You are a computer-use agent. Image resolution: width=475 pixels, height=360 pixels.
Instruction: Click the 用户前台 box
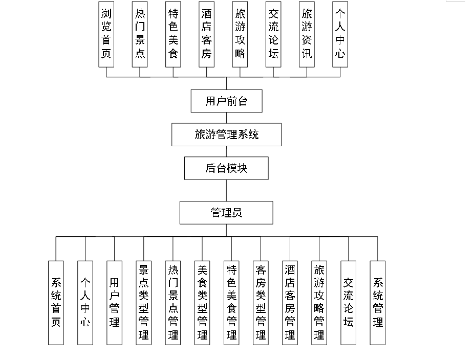(x=226, y=101)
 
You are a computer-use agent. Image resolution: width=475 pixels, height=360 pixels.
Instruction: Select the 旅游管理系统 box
(x=226, y=134)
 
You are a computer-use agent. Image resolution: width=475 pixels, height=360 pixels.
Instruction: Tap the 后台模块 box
(x=226, y=168)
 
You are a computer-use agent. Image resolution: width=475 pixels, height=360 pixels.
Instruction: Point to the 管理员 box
(x=226, y=213)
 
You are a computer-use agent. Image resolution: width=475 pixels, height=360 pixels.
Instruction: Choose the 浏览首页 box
(x=106, y=34)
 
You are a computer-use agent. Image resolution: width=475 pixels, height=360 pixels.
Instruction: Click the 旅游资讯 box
(x=307, y=34)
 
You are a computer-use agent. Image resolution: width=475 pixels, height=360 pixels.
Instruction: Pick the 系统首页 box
(x=56, y=302)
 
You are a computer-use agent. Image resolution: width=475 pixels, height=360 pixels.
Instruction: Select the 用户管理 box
(x=114, y=302)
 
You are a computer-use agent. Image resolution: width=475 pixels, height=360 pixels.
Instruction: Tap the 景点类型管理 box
(x=143, y=302)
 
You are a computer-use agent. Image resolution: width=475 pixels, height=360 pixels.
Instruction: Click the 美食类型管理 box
(x=202, y=302)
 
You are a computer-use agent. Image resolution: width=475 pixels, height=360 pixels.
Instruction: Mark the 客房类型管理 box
(x=261, y=302)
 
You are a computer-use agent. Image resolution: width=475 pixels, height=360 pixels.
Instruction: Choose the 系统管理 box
(x=378, y=302)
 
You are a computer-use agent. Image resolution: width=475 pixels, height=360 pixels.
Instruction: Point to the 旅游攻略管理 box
(x=319, y=302)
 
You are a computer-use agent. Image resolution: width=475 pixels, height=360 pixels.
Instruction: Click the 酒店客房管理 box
(x=290, y=302)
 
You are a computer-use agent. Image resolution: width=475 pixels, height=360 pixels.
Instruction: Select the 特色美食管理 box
(x=231, y=302)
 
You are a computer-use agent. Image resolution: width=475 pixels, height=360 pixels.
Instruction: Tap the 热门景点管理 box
(x=173, y=302)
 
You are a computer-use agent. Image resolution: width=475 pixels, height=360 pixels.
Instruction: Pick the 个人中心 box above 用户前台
(x=340, y=34)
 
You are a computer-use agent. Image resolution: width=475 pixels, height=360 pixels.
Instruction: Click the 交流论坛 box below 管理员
(x=349, y=302)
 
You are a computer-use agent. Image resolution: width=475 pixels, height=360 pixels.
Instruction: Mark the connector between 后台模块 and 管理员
(x=226, y=190)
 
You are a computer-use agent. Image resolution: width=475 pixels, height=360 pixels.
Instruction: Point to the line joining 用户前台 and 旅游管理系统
(x=226, y=118)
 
